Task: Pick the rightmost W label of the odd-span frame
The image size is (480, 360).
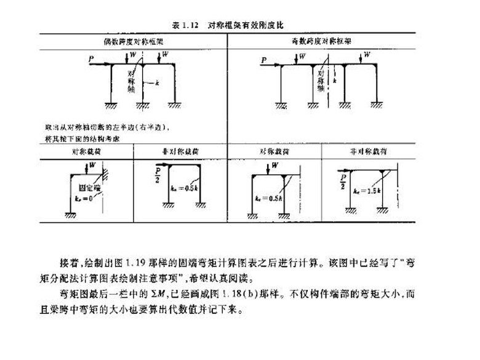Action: (x=367, y=55)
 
